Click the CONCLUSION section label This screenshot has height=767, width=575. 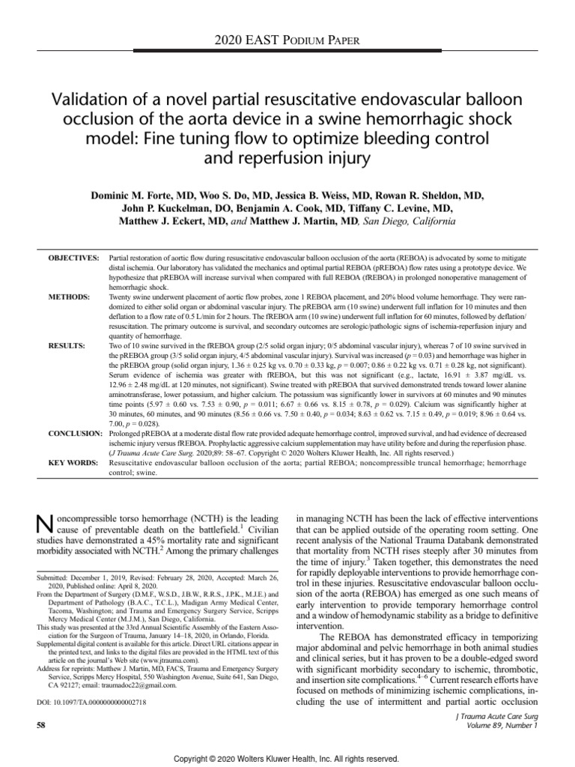pyautogui.click(x=75, y=434)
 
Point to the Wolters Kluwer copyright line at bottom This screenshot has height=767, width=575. pyautogui.click(x=287, y=759)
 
